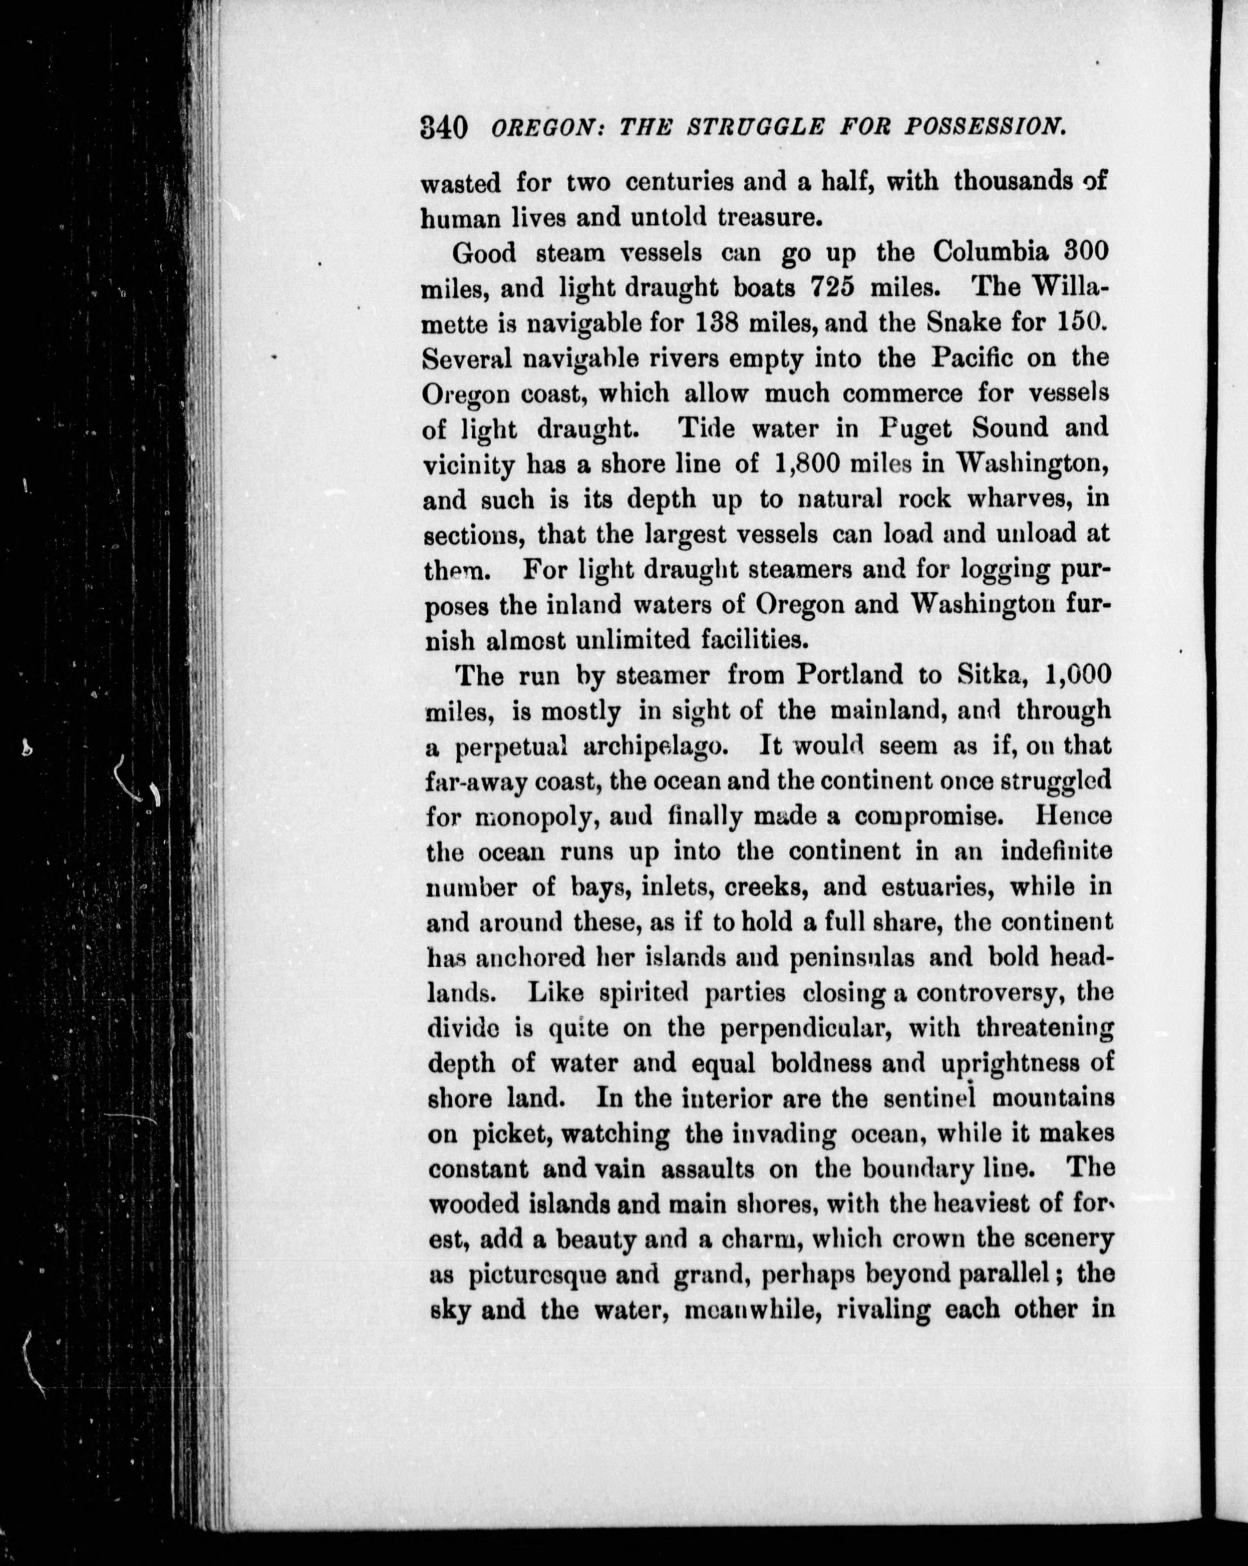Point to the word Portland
tap(850, 675)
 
